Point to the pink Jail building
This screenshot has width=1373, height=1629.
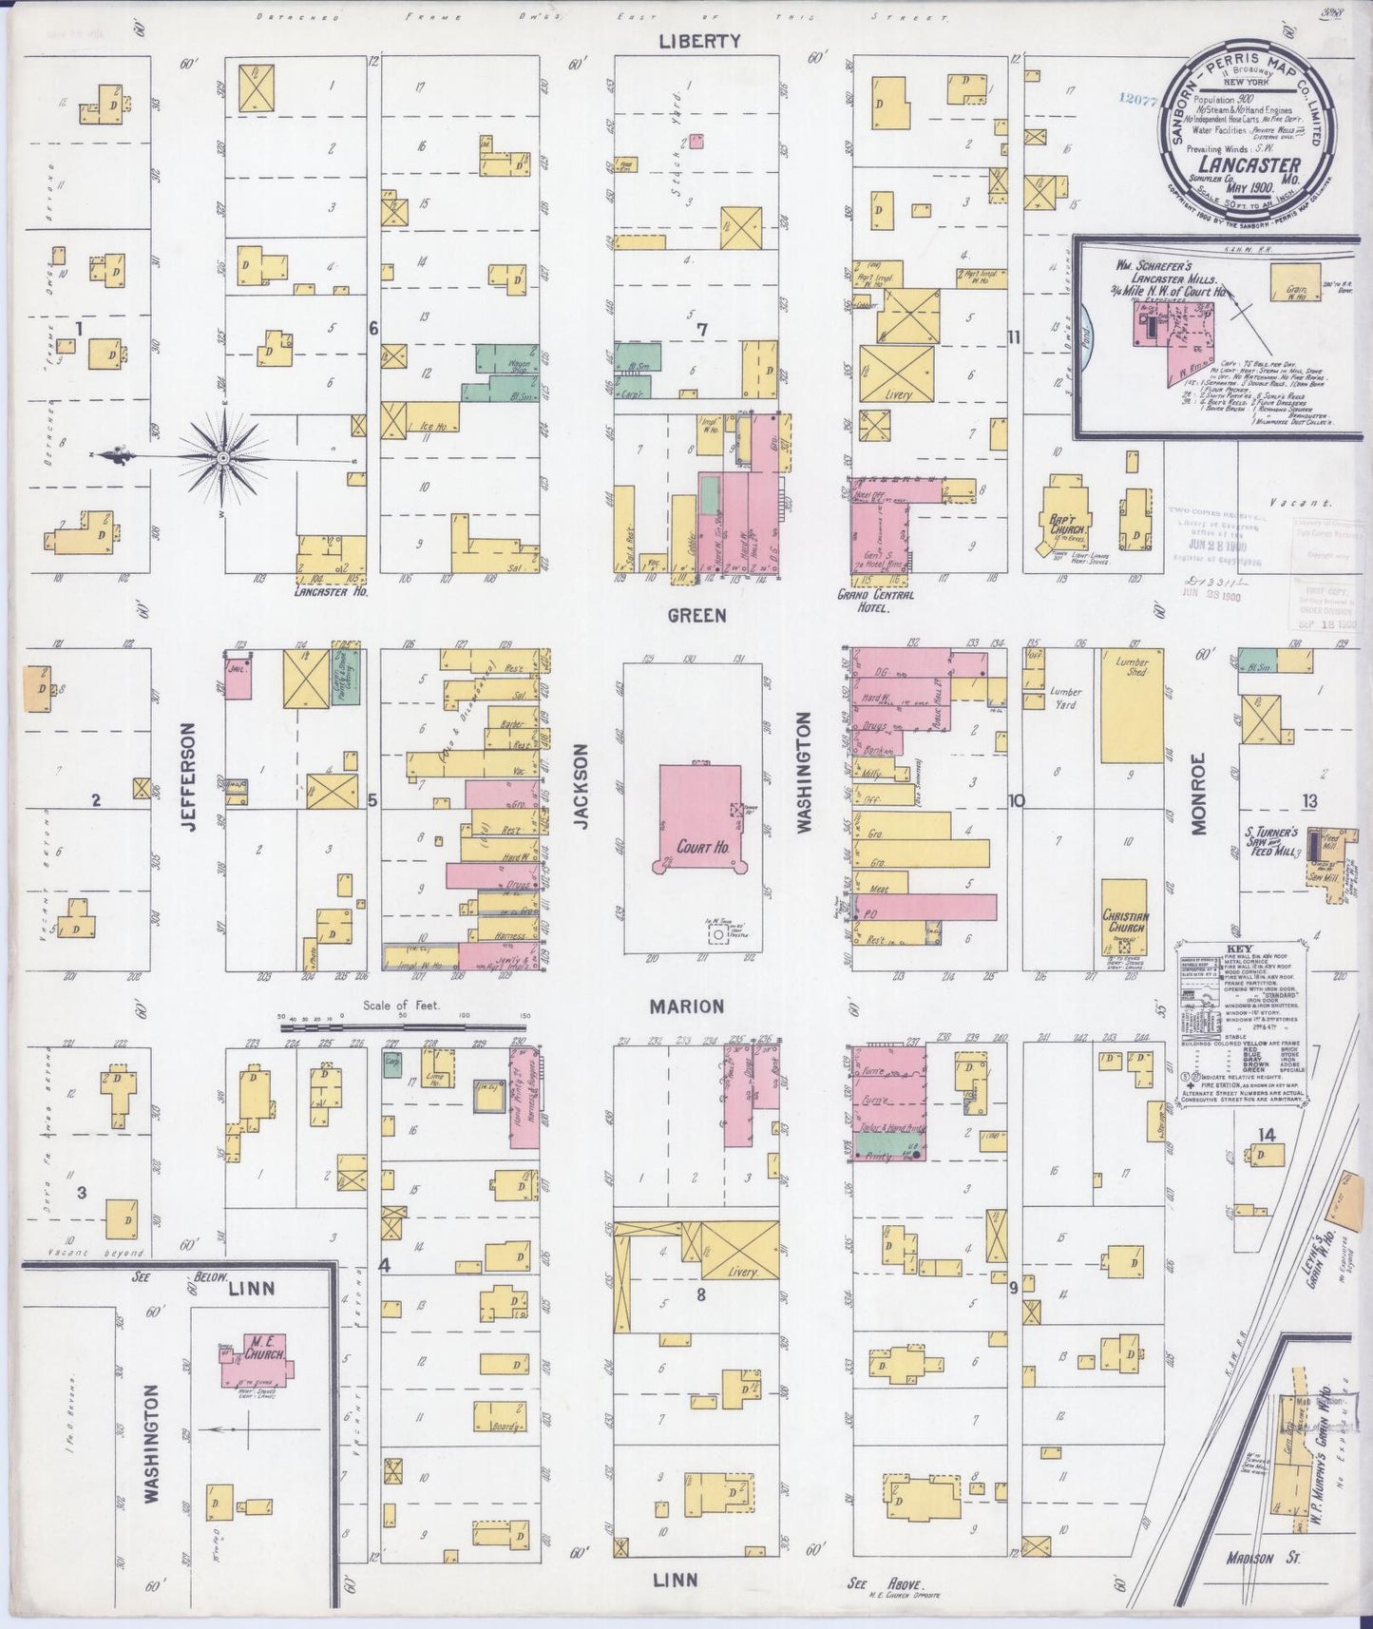[238, 677]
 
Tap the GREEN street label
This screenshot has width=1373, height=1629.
[696, 616]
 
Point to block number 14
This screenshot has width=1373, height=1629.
[1265, 1134]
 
